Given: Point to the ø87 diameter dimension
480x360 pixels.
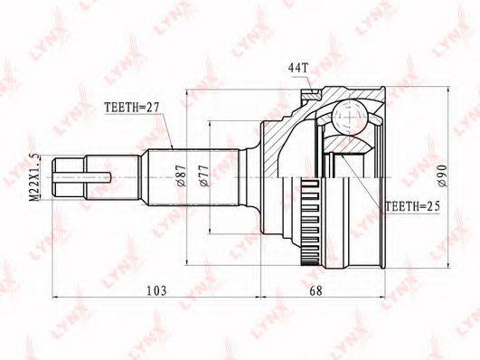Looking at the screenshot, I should [x=182, y=174].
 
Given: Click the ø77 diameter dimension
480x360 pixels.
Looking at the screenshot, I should [x=207, y=174].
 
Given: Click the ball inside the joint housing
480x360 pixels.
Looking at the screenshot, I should [x=344, y=114].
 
